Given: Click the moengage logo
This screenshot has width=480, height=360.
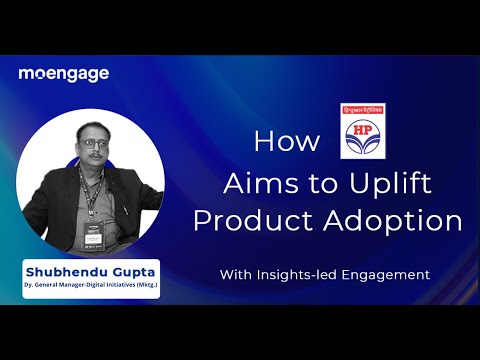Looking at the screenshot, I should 63,74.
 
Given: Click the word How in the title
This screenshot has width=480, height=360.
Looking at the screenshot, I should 280,141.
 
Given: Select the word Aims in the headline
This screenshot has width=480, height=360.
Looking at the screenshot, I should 254,183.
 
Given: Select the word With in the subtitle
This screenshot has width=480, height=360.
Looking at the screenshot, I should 239,273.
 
